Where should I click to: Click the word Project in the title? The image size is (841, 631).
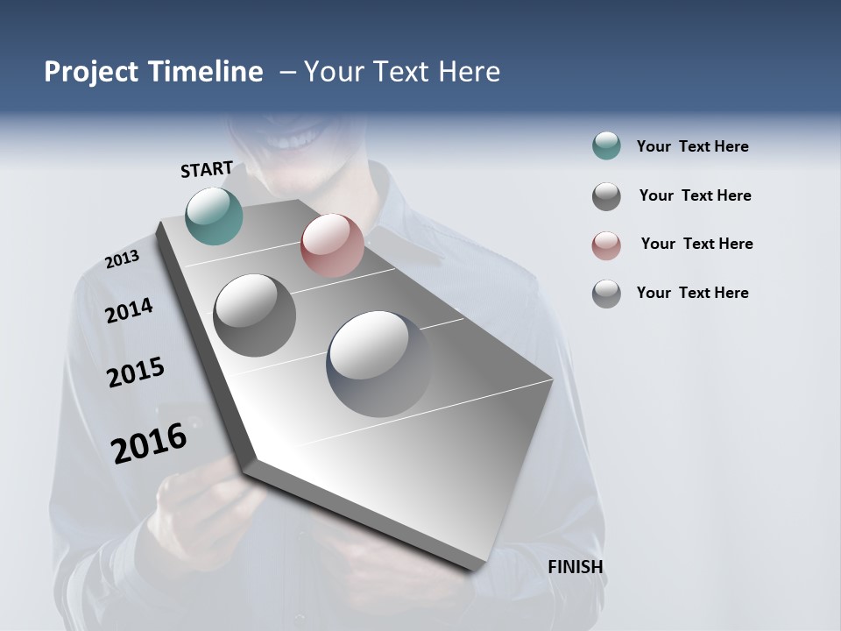tap(91, 72)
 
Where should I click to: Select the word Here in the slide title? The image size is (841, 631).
tap(469, 72)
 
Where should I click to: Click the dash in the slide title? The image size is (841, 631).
tap(286, 72)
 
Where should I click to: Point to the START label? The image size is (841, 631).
tap(207, 169)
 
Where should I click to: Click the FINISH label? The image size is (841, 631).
tap(575, 567)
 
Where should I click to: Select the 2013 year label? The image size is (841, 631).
tap(122, 259)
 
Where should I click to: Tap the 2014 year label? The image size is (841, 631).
tap(129, 310)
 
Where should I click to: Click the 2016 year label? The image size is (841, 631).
tap(149, 443)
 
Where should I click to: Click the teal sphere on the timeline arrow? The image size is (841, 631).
tap(215, 216)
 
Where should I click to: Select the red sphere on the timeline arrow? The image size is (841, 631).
tap(332, 245)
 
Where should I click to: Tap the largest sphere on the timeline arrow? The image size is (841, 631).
tap(378, 363)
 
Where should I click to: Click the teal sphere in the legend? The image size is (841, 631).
tap(606, 146)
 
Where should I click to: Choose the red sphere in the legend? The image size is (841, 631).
tap(606, 245)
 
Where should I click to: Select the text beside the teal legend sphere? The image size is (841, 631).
tap(692, 146)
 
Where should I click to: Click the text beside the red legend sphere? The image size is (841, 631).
tap(696, 244)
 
